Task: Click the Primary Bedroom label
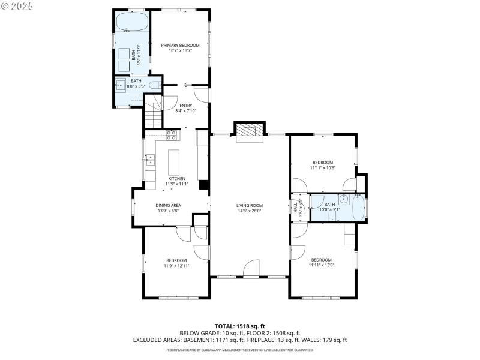[x=180, y=46]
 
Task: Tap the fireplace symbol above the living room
[x=248, y=131]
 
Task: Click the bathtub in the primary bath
[x=133, y=22]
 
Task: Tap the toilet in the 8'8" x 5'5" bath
[x=154, y=85]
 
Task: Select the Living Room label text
[x=249, y=205]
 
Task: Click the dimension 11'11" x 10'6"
[x=322, y=168]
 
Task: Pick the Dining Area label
[x=169, y=205]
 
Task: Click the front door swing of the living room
[x=251, y=268]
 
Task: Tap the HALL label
[x=295, y=207]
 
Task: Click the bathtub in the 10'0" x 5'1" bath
[x=358, y=208]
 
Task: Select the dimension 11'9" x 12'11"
[x=176, y=265]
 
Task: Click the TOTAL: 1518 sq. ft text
[x=239, y=326]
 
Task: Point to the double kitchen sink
[x=149, y=160]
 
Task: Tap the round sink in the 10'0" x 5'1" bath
[x=344, y=199]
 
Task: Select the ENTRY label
[x=185, y=106]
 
